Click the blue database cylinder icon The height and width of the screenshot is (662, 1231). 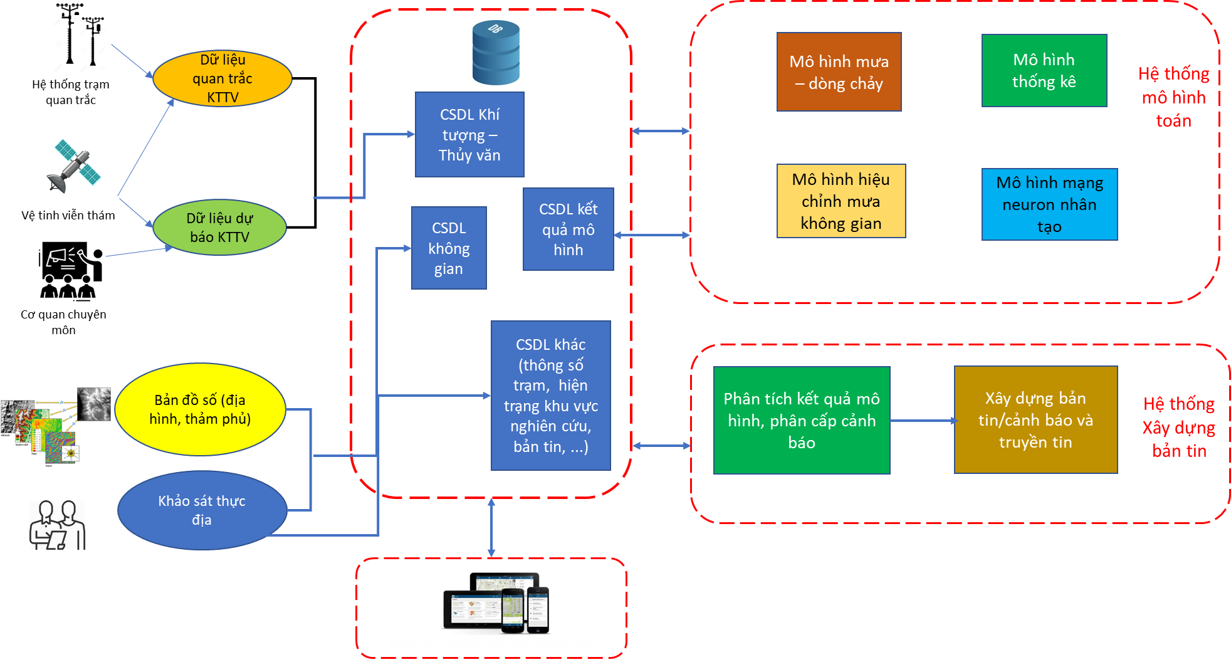(x=496, y=53)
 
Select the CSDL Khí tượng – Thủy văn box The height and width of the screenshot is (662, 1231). (x=469, y=135)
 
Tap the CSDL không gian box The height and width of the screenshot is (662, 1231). (x=449, y=248)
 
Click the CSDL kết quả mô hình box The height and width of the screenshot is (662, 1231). (x=568, y=229)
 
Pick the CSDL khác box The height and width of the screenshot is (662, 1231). (x=550, y=396)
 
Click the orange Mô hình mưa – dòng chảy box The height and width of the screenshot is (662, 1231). (x=839, y=72)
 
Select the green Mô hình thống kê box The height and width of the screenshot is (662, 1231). (x=1044, y=71)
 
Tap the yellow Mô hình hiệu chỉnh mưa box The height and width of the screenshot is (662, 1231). (x=841, y=201)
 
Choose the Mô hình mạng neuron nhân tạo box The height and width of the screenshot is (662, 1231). (x=1049, y=204)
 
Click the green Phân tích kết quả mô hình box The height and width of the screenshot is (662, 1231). (x=801, y=421)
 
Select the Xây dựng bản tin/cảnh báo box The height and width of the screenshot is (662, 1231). (x=1035, y=420)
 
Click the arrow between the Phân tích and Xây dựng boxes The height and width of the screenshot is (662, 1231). (x=922, y=421)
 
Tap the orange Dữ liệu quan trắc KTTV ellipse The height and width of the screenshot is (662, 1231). (x=223, y=78)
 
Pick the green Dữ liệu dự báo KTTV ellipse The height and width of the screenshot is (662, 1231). (x=219, y=228)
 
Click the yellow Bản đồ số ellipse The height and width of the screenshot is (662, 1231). (x=200, y=409)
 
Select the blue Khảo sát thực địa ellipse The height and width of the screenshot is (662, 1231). (x=202, y=510)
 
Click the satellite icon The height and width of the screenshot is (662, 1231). (x=74, y=166)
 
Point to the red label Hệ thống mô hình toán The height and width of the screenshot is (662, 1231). (x=1173, y=97)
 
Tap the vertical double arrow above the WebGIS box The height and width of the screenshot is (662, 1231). (x=491, y=528)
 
